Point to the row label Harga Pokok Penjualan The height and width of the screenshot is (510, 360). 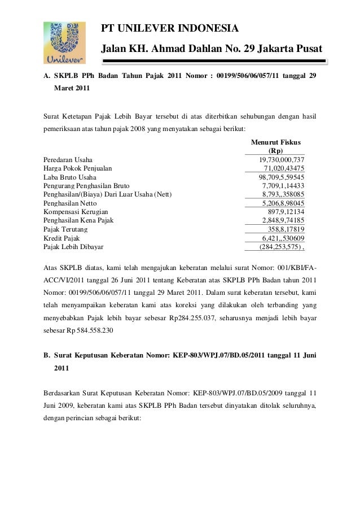point(78,169)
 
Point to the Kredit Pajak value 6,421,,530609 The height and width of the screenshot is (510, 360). point(280,238)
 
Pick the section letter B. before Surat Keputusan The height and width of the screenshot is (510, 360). point(47,355)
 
